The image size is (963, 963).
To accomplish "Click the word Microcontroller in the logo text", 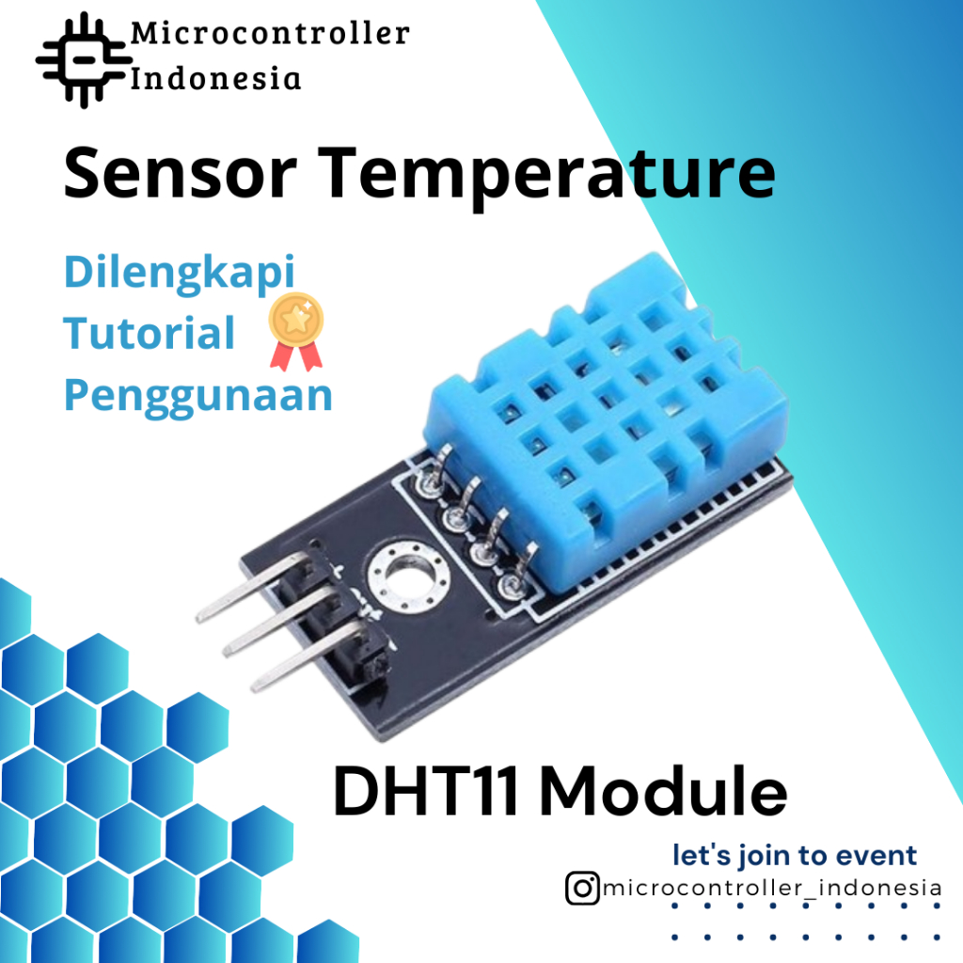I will pos(270,34).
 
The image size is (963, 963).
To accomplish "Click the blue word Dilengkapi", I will pos(179,274).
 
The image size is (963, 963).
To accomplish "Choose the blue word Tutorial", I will pos(149,333).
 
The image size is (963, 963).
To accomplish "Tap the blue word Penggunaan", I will pos(197,395).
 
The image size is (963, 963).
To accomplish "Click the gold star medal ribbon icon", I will pos(295,330).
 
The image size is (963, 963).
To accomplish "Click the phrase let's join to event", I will pos(794,856).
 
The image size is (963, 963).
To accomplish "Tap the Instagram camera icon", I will pos(582,888).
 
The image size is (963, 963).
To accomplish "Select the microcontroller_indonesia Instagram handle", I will pos(771,888).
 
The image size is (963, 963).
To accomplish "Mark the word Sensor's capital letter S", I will pos(83,175).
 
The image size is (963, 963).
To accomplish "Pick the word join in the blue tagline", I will pos(752,856).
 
